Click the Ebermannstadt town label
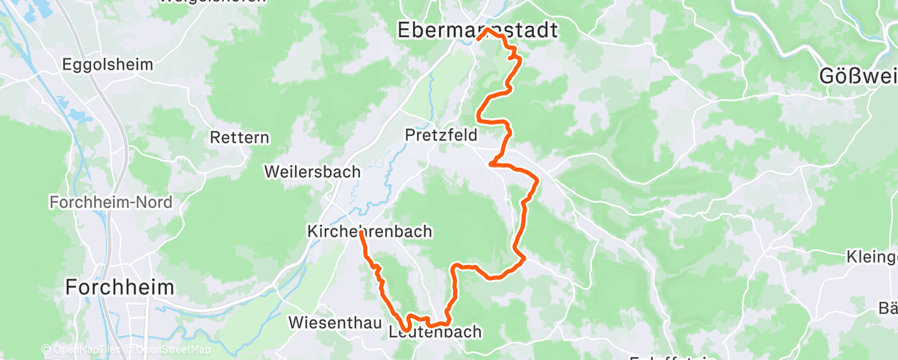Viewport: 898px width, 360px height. (476, 31)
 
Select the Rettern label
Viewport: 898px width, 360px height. (239, 137)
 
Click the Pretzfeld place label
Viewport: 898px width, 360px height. (441, 134)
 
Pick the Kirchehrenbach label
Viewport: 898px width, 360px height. (369, 232)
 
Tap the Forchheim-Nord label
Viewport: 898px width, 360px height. (98, 202)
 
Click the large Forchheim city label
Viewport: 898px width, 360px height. (121, 287)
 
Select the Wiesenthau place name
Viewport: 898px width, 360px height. (333, 321)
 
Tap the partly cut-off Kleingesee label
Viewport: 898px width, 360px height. (872, 257)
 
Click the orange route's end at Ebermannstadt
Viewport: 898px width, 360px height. (479, 38)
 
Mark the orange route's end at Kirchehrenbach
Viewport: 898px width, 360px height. (362, 233)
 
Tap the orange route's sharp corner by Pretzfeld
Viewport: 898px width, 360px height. (492, 163)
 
